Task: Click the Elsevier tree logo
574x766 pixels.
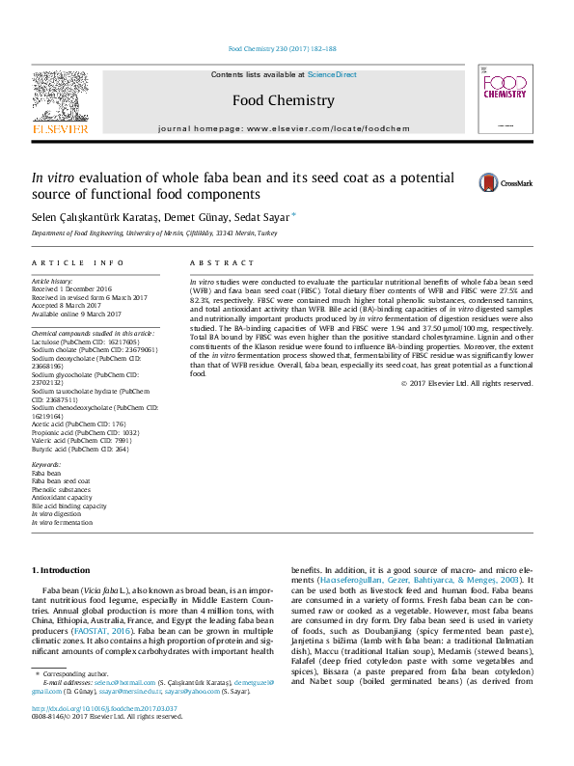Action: [x=61, y=98]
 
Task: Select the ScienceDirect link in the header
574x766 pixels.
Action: [x=332, y=74]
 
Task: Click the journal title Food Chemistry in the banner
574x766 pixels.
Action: [x=284, y=100]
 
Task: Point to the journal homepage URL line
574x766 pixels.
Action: [x=284, y=128]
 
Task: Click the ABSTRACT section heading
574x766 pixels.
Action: [x=208, y=262]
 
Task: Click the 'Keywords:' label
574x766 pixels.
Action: [x=46, y=465]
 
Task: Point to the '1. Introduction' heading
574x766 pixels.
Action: [x=62, y=570]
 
